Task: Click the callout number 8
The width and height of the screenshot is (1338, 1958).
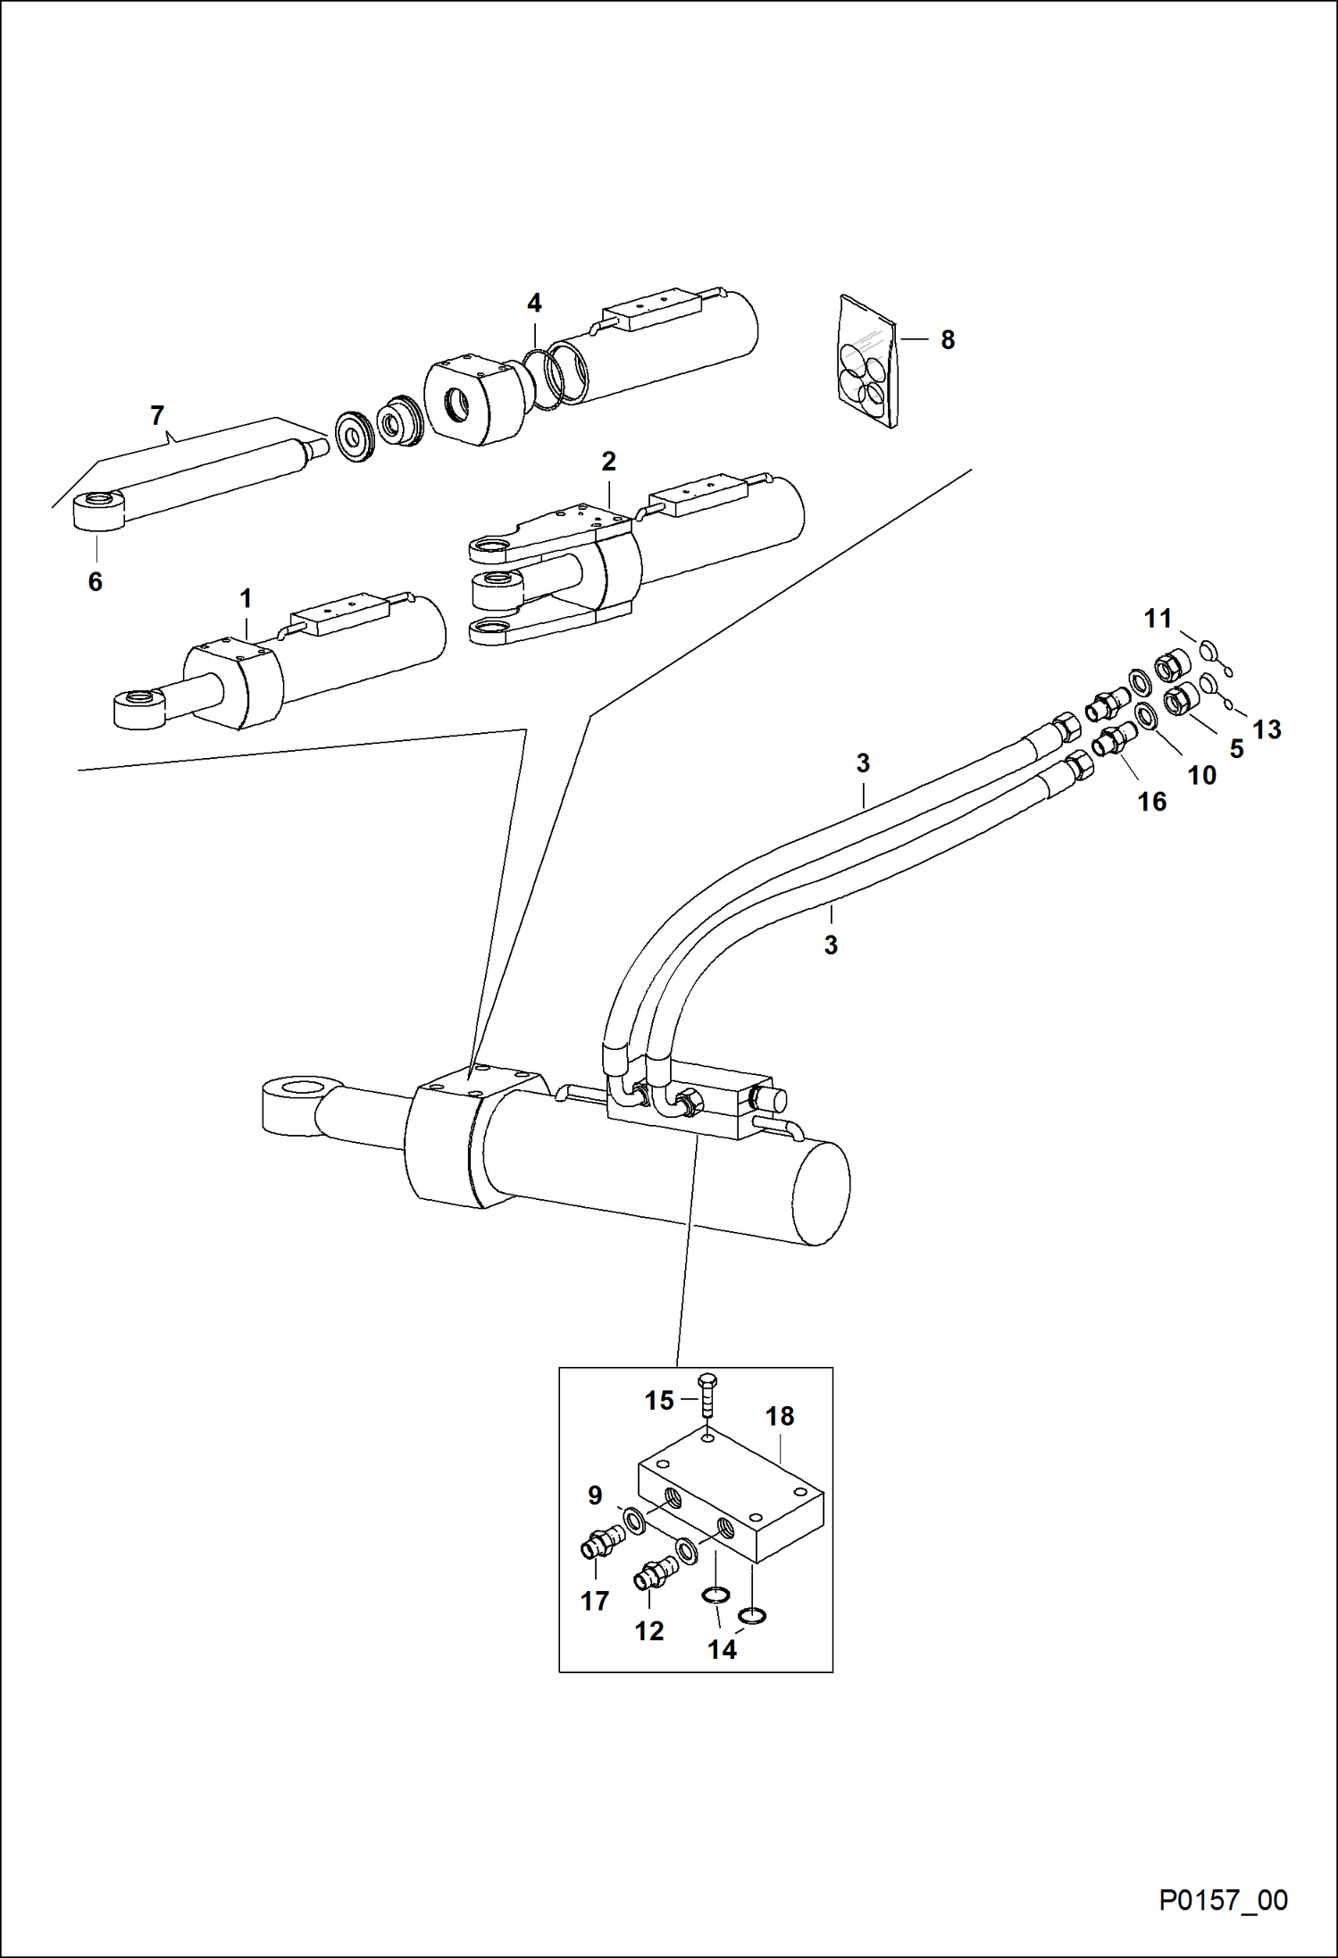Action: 948,340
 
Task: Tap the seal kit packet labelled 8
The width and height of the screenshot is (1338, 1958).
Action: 867,362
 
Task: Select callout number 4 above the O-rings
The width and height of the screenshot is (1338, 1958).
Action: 534,304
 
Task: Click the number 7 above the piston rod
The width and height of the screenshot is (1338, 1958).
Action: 157,416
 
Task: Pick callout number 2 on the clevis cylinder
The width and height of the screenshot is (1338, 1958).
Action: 608,462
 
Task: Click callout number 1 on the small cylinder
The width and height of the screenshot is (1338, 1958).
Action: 246,598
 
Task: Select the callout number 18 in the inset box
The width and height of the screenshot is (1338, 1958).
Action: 780,1416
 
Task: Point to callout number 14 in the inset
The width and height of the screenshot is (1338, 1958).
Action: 722,1649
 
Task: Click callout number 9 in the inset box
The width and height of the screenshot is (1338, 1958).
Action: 595,1496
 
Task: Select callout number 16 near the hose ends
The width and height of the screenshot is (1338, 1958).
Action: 1152,802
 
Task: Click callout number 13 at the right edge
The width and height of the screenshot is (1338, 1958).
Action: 1267,729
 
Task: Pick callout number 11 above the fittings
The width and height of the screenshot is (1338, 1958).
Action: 1158,618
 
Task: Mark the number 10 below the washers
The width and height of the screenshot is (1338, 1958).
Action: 1201,775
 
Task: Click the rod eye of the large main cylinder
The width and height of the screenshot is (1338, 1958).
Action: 300,1104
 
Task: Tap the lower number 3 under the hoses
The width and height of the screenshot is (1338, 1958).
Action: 831,945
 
